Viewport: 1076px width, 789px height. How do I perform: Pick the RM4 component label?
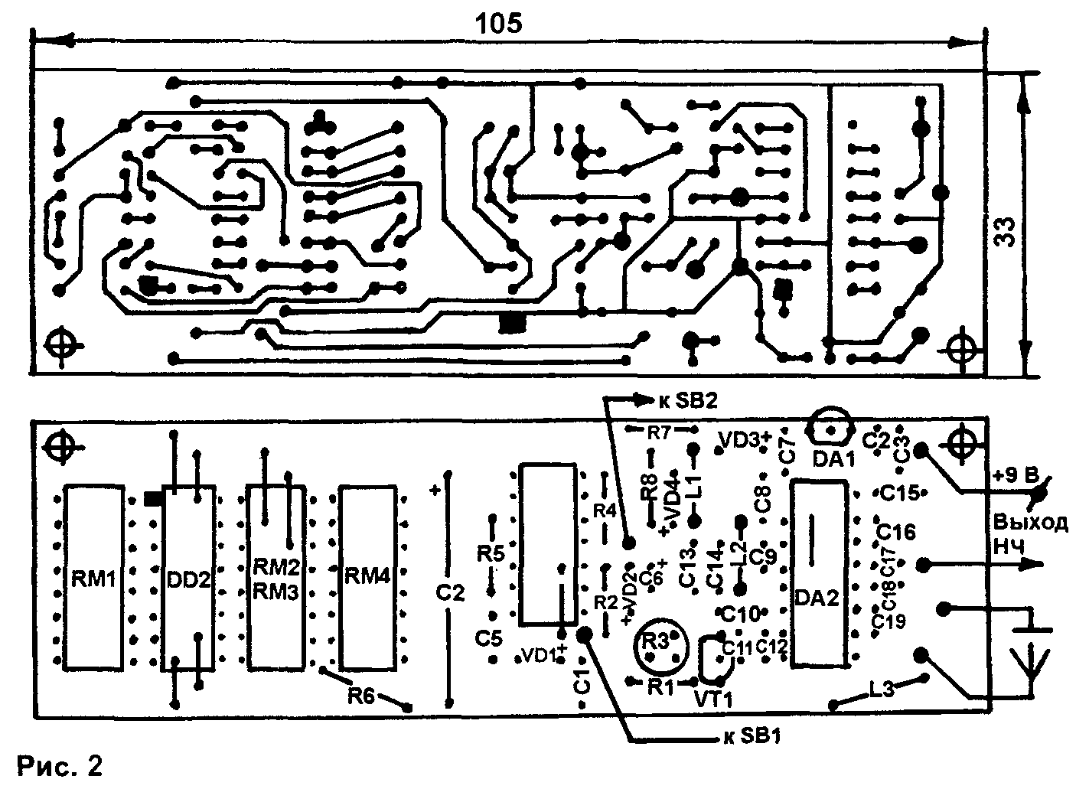(x=367, y=575)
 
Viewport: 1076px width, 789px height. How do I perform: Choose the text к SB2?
(x=687, y=399)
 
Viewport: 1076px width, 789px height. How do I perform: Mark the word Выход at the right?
(x=1029, y=523)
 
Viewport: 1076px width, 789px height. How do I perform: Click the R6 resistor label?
(x=363, y=696)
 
